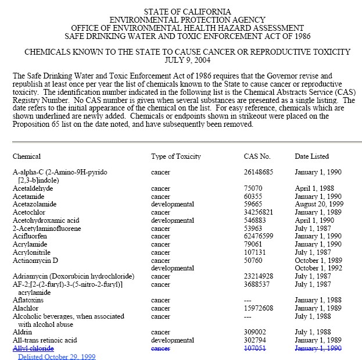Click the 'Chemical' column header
27,156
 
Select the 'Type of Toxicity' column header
175,156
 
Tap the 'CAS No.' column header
257,156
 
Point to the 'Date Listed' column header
311,156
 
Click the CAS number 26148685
259,173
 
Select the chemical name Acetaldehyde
33,189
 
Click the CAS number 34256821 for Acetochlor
259,213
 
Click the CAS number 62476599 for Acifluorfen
259,237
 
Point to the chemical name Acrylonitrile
32,253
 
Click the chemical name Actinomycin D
35,261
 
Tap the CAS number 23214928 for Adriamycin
259,276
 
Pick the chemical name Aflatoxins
29,300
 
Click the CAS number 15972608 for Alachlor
259,308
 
